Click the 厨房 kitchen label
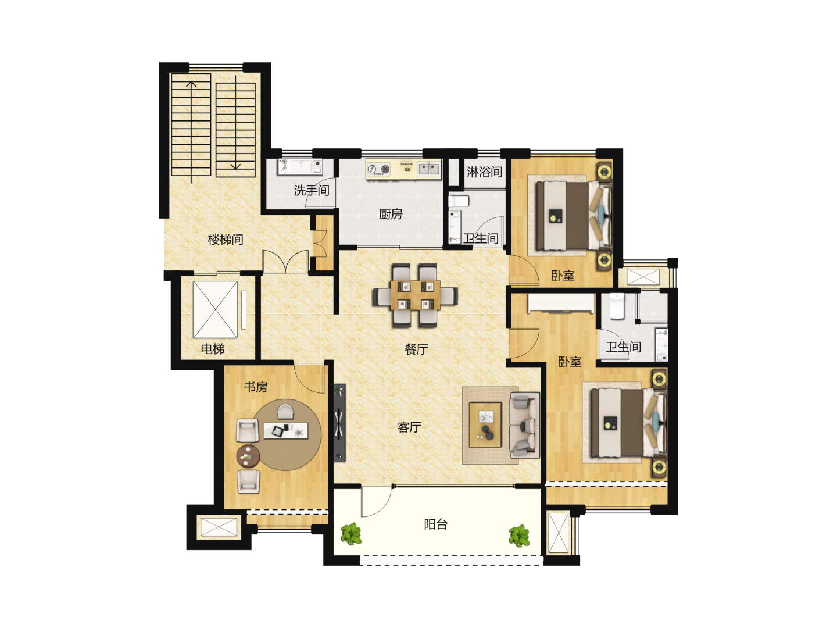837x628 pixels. pyautogui.click(x=391, y=215)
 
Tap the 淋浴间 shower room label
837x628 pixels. pyautogui.click(x=484, y=172)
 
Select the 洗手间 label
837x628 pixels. pyautogui.click(x=312, y=190)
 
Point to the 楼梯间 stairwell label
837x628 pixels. pyautogui.click(x=226, y=240)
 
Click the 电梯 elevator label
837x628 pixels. pyautogui.click(x=212, y=348)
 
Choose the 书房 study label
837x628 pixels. pyautogui.click(x=256, y=387)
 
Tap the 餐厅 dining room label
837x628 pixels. pyautogui.click(x=416, y=349)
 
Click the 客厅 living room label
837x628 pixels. pyautogui.click(x=409, y=427)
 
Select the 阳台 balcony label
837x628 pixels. pyautogui.click(x=436, y=524)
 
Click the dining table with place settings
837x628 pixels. pyautogui.click(x=415, y=295)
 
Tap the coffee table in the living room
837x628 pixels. pyautogui.click(x=485, y=424)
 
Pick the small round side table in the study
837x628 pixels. pyautogui.click(x=248, y=456)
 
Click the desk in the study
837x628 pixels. pyautogui.click(x=286, y=430)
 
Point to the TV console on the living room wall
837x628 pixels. pyautogui.click(x=339, y=423)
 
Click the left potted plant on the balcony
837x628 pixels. pyautogui.click(x=351, y=533)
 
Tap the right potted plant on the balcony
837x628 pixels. pyautogui.click(x=520, y=536)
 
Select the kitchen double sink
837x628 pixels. pyautogui.click(x=429, y=169)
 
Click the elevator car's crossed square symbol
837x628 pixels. pyautogui.click(x=216, y=309)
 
